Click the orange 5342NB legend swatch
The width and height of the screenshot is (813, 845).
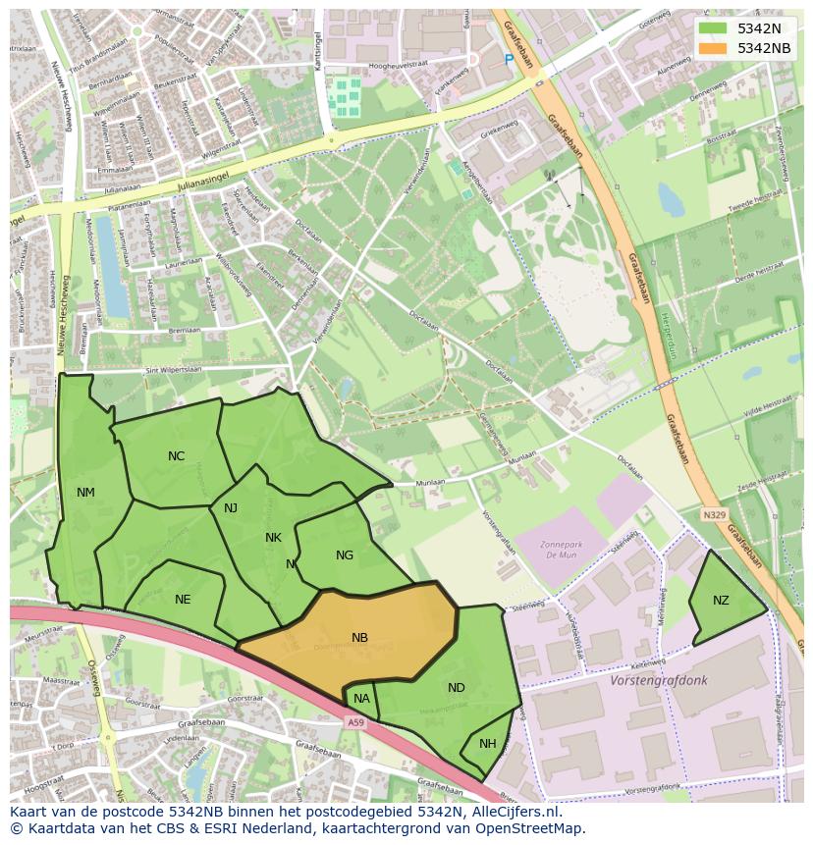[714, 48]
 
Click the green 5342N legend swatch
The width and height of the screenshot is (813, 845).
[714, 27]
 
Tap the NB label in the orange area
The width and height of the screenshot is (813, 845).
[359, 638]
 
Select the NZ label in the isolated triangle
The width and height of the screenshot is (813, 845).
[721, 601]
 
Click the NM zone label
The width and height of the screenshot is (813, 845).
[85, 493]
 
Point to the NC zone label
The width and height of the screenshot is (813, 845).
[176, 456]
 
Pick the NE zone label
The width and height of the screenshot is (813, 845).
[183, 600]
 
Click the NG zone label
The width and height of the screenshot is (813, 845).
[345, 555]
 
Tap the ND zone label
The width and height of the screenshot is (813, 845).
[456, 688]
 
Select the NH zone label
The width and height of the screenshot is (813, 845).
[488, 744]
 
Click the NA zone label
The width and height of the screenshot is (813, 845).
[361, 700]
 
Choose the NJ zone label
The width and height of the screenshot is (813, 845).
[231, 508]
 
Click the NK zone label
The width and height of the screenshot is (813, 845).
[273, 538]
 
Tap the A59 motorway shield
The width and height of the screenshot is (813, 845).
[356, 721]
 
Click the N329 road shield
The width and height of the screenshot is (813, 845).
[714, 514]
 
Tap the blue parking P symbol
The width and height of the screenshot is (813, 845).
[509, 60]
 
